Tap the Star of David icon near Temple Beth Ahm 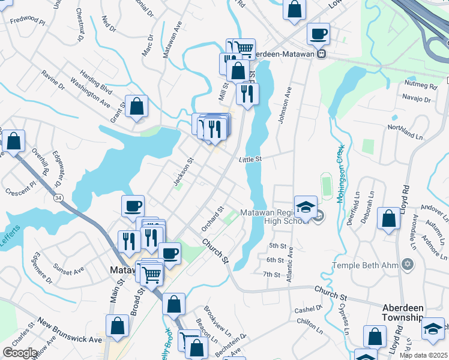pos(408,265)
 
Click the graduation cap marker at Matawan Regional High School pos(306,207)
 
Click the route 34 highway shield pos(58,198)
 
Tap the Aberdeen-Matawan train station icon pos(322,53)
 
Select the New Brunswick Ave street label pos(70,331)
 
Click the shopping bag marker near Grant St pos(137,107)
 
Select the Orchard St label pos(212,219)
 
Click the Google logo pos(20,353)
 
